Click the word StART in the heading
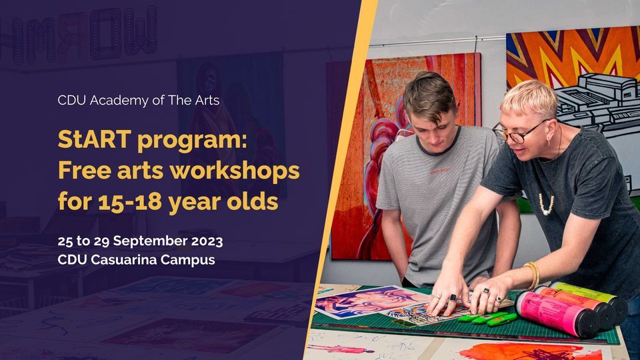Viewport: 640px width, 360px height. pos(94,139)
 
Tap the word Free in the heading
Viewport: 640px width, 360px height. pos(85,170)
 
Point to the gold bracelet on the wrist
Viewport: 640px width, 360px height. pos(533,275)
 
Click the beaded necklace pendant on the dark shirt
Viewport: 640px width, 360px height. pos(546,204)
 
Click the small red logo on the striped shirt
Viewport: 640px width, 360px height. pos(441,172)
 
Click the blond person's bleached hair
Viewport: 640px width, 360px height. pos(530,98)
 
